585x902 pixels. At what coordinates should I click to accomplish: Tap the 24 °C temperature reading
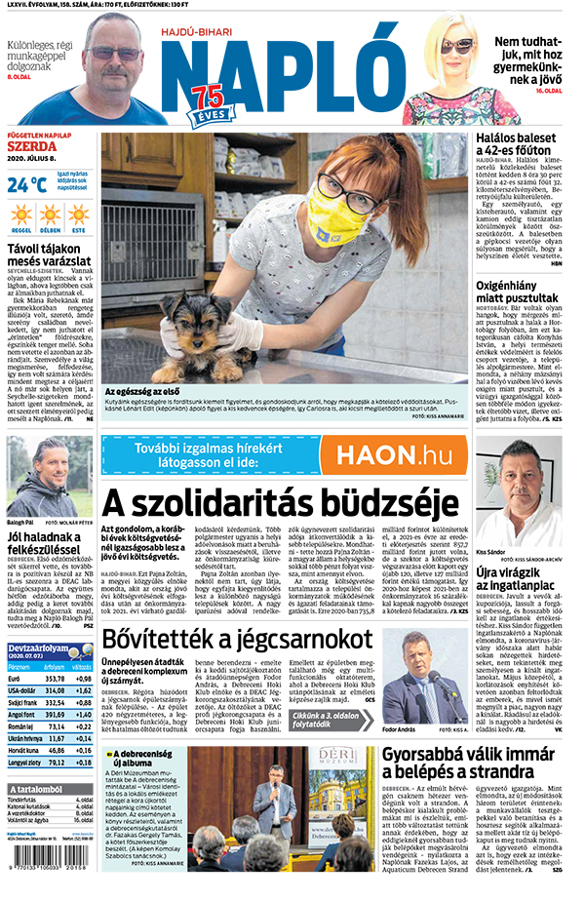(x=27, y=184)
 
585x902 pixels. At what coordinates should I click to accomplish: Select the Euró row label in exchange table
(x=18, y=680)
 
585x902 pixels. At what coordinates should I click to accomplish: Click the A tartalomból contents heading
(x=39, y=789)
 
